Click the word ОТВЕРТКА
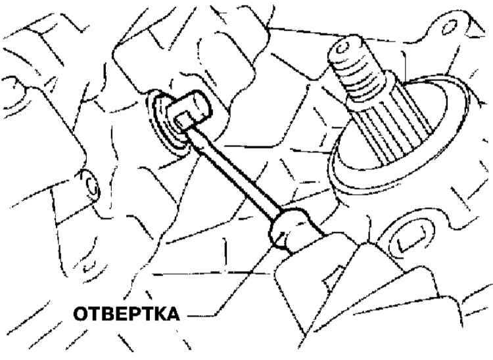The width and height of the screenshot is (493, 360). tap(126, 313)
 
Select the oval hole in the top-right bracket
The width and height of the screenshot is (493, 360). tap(449, 28)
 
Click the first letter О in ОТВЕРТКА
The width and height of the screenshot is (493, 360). tap(80, 313)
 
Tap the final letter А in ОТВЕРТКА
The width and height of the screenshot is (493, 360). tap(173, 313)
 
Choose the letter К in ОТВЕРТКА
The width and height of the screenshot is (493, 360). tap(160, 313)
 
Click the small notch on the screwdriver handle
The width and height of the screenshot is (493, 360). tap(334, 277)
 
